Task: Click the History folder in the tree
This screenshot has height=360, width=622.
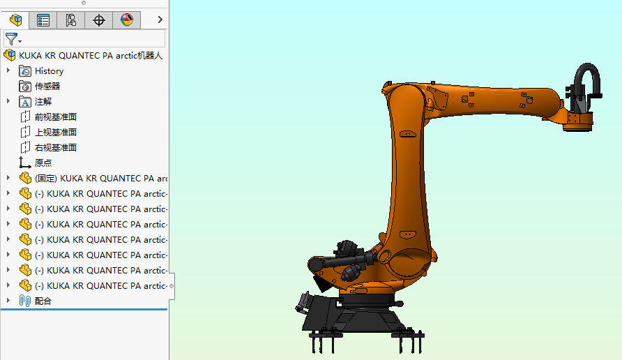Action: (49, 71)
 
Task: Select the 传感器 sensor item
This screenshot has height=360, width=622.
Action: (47, 87)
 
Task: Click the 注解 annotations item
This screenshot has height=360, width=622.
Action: (43, 102)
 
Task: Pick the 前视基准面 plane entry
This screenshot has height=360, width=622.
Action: (55, 117)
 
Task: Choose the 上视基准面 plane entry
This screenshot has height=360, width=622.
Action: (55, 133)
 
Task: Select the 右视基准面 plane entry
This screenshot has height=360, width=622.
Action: (55, 148)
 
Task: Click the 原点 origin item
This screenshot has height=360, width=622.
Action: (43, 163)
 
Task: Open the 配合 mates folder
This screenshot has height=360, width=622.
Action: (43, 301)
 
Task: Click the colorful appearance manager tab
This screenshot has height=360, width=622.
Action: (126, 20)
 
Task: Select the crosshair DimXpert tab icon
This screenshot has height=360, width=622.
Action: (98, 20)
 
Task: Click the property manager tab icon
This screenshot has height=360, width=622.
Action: (43, 20)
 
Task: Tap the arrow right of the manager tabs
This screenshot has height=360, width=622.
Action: (160, 20)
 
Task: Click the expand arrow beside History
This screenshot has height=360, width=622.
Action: (8, 71)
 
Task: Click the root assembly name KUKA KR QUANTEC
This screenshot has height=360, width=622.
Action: (91, 56)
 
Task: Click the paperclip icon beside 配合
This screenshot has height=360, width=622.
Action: (25, 301)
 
